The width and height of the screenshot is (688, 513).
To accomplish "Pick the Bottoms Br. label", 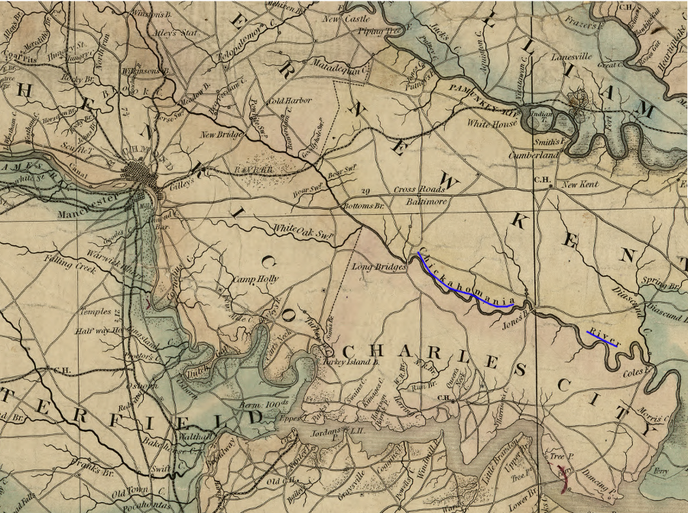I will click(364, 206).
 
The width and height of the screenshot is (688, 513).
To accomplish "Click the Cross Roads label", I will click(419, 189).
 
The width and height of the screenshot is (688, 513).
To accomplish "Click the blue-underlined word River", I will click(602, 336).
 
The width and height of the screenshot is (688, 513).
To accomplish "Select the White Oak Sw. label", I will click(304, 229).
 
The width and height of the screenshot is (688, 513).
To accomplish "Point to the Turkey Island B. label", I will click(351, 362).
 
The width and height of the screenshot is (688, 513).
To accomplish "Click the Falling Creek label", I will click(73, 266).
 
